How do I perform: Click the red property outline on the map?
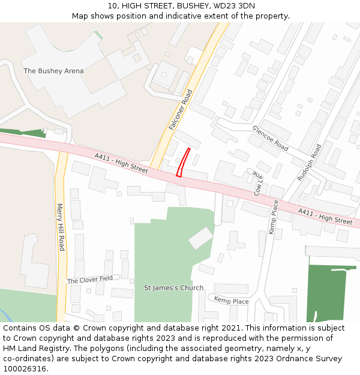(x=184, y=163)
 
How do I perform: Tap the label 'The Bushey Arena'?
(x=53, y=71)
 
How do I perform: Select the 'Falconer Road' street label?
(x=181, y=110)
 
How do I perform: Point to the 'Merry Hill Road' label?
(x=60, y=227)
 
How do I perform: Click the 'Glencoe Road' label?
(x=270, y=138)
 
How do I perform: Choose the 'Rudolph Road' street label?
(x=310, y=162)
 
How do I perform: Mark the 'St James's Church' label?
(x=173, y=288)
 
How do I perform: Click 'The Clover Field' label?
(x=90, y=280)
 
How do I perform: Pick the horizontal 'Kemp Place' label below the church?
(x=231, y=301)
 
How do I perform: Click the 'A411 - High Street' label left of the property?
(x=121, y=163)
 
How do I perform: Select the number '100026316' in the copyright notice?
(x=24, y=368)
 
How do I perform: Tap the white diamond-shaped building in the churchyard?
(x=200, y=238)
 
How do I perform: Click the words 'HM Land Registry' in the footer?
(x=32, y=348)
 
